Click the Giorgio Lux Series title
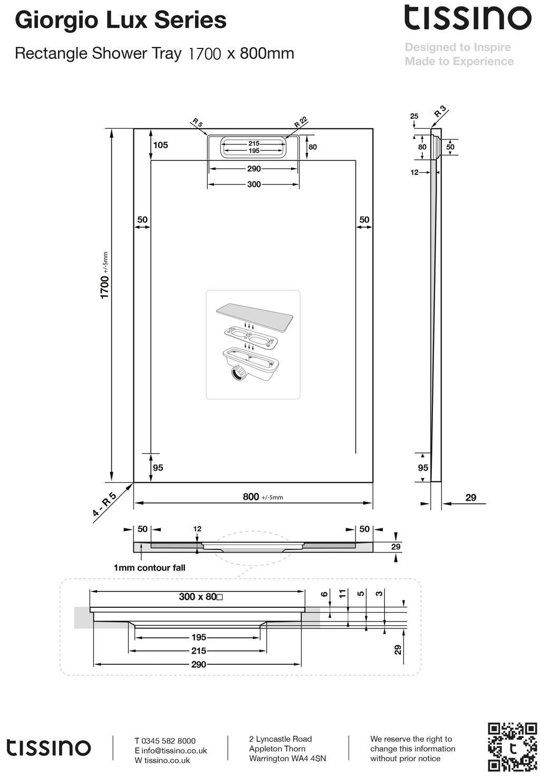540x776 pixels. click(x=121, y=21)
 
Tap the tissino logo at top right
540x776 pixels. click(x=467, y=18)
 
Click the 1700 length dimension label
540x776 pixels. click(x=105, y=286)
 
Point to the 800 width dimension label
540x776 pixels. click(x=251, y=497)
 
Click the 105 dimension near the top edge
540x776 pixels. click(x=160, y=145)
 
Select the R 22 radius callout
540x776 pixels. click(x=300, y=122)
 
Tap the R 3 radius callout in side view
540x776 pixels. click(x=440, y=112)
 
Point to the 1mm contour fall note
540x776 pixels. click(x=149, y=568)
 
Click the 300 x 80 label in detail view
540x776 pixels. click(x=200, y=597)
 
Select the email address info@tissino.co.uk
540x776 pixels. click(x=174, y=751)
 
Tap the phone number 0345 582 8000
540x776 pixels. click(x=168, y=741)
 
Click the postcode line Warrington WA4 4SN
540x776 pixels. click(x=287, y=759)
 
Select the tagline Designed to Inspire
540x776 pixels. click(x=458, y=47)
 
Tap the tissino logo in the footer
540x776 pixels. click(x=49, y=748)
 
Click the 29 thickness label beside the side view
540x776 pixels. click(x=470, y=498)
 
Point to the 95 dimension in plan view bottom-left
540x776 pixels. click(x=158, y=468)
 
